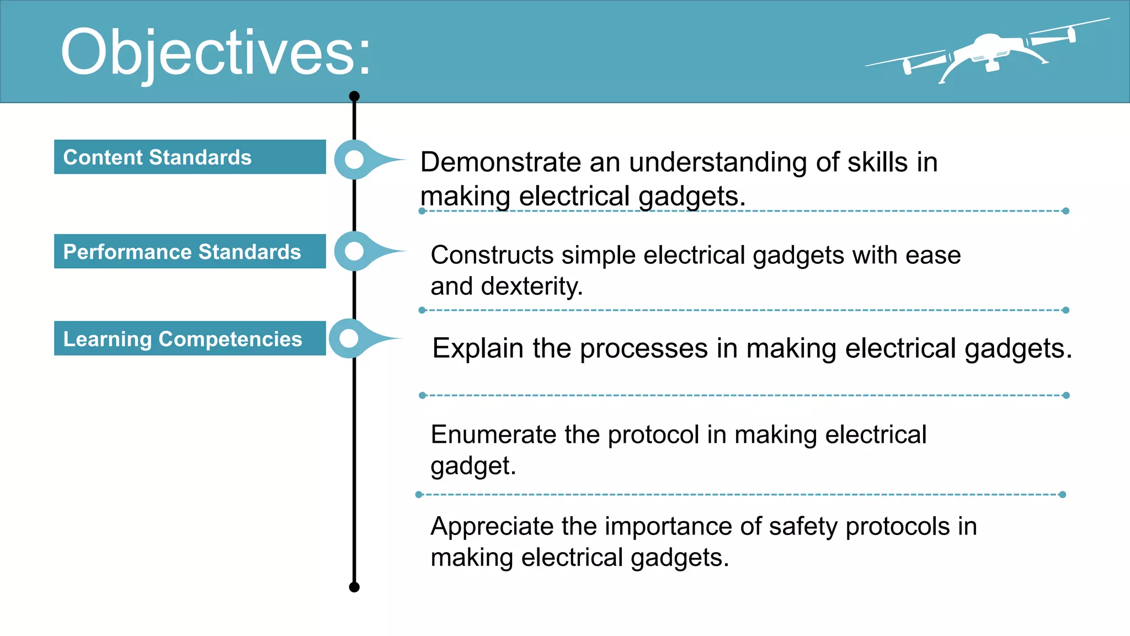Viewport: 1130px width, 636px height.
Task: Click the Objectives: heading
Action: click(x=215, y=53)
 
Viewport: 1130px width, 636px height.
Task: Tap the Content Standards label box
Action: click(x=190, y=157)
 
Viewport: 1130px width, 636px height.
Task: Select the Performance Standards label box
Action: click(x=190, y=252)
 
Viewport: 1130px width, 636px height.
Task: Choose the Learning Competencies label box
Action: click(x=190, y=338)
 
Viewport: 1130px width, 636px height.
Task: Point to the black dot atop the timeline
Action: click(x=354, y=97)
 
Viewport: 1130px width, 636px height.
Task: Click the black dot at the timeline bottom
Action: click(x=354, y=587)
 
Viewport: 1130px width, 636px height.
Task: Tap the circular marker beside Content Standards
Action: click(x=354, y=160)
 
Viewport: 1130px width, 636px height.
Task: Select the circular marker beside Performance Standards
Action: click(x=354, y=251)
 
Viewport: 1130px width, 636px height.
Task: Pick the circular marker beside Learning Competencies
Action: click(x=349, y=338)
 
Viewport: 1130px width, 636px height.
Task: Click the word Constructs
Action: click(x=492, y=255)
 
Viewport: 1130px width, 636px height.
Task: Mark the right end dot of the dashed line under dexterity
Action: click(x=1065, y=310)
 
